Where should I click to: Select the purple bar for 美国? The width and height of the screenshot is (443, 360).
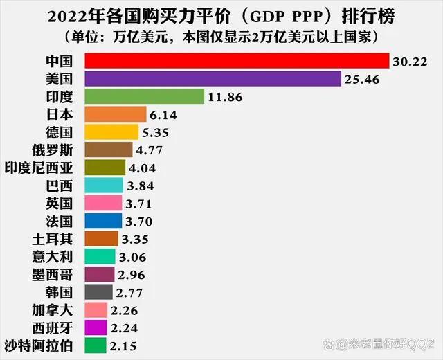pos(213,79)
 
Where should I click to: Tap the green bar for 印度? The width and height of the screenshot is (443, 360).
pos(144,96)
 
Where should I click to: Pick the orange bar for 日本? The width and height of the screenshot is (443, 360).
pos(115,114)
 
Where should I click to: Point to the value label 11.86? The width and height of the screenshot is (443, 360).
pos(226,97)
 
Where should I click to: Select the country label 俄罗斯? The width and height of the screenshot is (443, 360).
pos(62,150)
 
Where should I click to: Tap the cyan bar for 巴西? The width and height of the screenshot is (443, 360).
pos(104,186)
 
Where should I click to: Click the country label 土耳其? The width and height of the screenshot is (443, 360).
pos(62,239)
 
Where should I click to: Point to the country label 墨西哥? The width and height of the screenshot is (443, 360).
pos(62,275)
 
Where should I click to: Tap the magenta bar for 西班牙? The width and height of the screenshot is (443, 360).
pos(96,327)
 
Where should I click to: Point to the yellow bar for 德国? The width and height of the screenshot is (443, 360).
pos(111,132)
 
